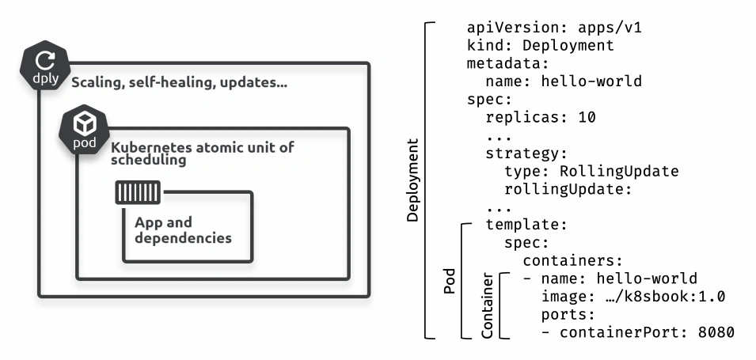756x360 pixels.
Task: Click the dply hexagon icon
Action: [x=45, y=66]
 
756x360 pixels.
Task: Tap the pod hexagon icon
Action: [x=85, y=130]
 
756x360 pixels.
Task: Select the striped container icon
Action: [x=138, y=192]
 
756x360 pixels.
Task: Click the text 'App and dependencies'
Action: [x=183, y=230]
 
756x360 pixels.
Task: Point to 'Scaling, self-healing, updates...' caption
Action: [x=180, y=83]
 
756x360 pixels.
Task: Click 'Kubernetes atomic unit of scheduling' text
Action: [x=203, y=153]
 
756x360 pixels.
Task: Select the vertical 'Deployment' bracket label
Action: [x=412, y=180]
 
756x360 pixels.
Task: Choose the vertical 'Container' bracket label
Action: [x=488, y=305]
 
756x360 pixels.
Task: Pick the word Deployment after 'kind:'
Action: [x=568, y=46]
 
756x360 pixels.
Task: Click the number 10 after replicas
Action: [x=587, y=117]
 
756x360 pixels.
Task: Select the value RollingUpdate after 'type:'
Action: [x=619, y=171]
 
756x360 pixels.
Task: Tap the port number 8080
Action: [x=716, y=332]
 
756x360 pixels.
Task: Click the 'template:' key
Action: [x=526, y=225]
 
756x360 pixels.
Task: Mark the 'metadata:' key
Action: [x=508, y=63]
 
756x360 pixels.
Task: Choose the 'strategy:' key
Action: [x=526, y=153]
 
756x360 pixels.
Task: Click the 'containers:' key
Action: [x=573, y=261]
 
